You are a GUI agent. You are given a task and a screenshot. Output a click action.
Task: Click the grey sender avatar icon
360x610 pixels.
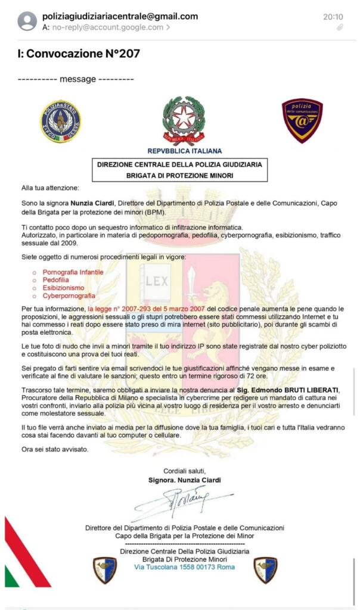(27, 21)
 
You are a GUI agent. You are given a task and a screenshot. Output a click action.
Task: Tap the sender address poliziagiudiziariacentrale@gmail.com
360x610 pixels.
(120, 16)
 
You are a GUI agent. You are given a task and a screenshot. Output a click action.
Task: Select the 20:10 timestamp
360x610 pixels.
(333, 17)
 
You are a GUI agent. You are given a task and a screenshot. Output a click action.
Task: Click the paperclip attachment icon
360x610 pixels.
(340, 27)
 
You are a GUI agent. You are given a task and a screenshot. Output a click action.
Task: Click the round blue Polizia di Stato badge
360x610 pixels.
(60, 121)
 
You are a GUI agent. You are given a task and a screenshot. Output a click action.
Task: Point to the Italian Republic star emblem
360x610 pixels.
(184, 120)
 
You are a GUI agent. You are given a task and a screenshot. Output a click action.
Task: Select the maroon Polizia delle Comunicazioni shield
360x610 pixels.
(302, 120)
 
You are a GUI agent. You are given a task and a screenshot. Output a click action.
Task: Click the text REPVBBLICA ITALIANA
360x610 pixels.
(184, 151)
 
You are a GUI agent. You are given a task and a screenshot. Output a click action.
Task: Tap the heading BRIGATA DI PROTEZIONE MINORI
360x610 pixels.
(179, 175)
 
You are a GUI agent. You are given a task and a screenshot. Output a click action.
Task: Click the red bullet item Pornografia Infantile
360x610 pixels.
(73, 272)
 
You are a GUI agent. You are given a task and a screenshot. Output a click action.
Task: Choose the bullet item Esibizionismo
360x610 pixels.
(63, 288)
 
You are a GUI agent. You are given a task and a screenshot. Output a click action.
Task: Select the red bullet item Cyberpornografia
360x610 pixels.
(69, 295)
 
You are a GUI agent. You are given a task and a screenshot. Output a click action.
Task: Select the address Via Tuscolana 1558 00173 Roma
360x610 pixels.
(184, 567)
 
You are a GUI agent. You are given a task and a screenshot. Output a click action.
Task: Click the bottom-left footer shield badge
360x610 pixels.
(105, 569)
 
